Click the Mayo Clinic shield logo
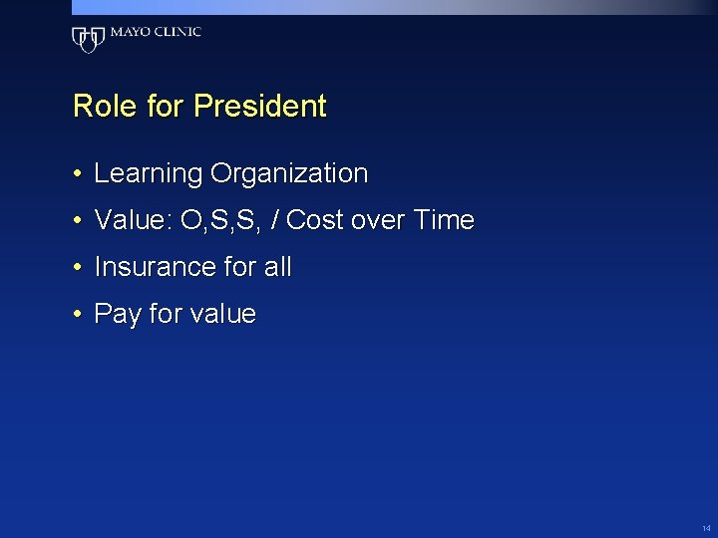click(88, 39)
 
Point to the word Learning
click(148, 174)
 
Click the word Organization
click(288, 174)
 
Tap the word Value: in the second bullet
click(134, 220)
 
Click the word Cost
click(315, 220)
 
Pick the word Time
click(443, 220)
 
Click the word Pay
click(117, 315)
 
